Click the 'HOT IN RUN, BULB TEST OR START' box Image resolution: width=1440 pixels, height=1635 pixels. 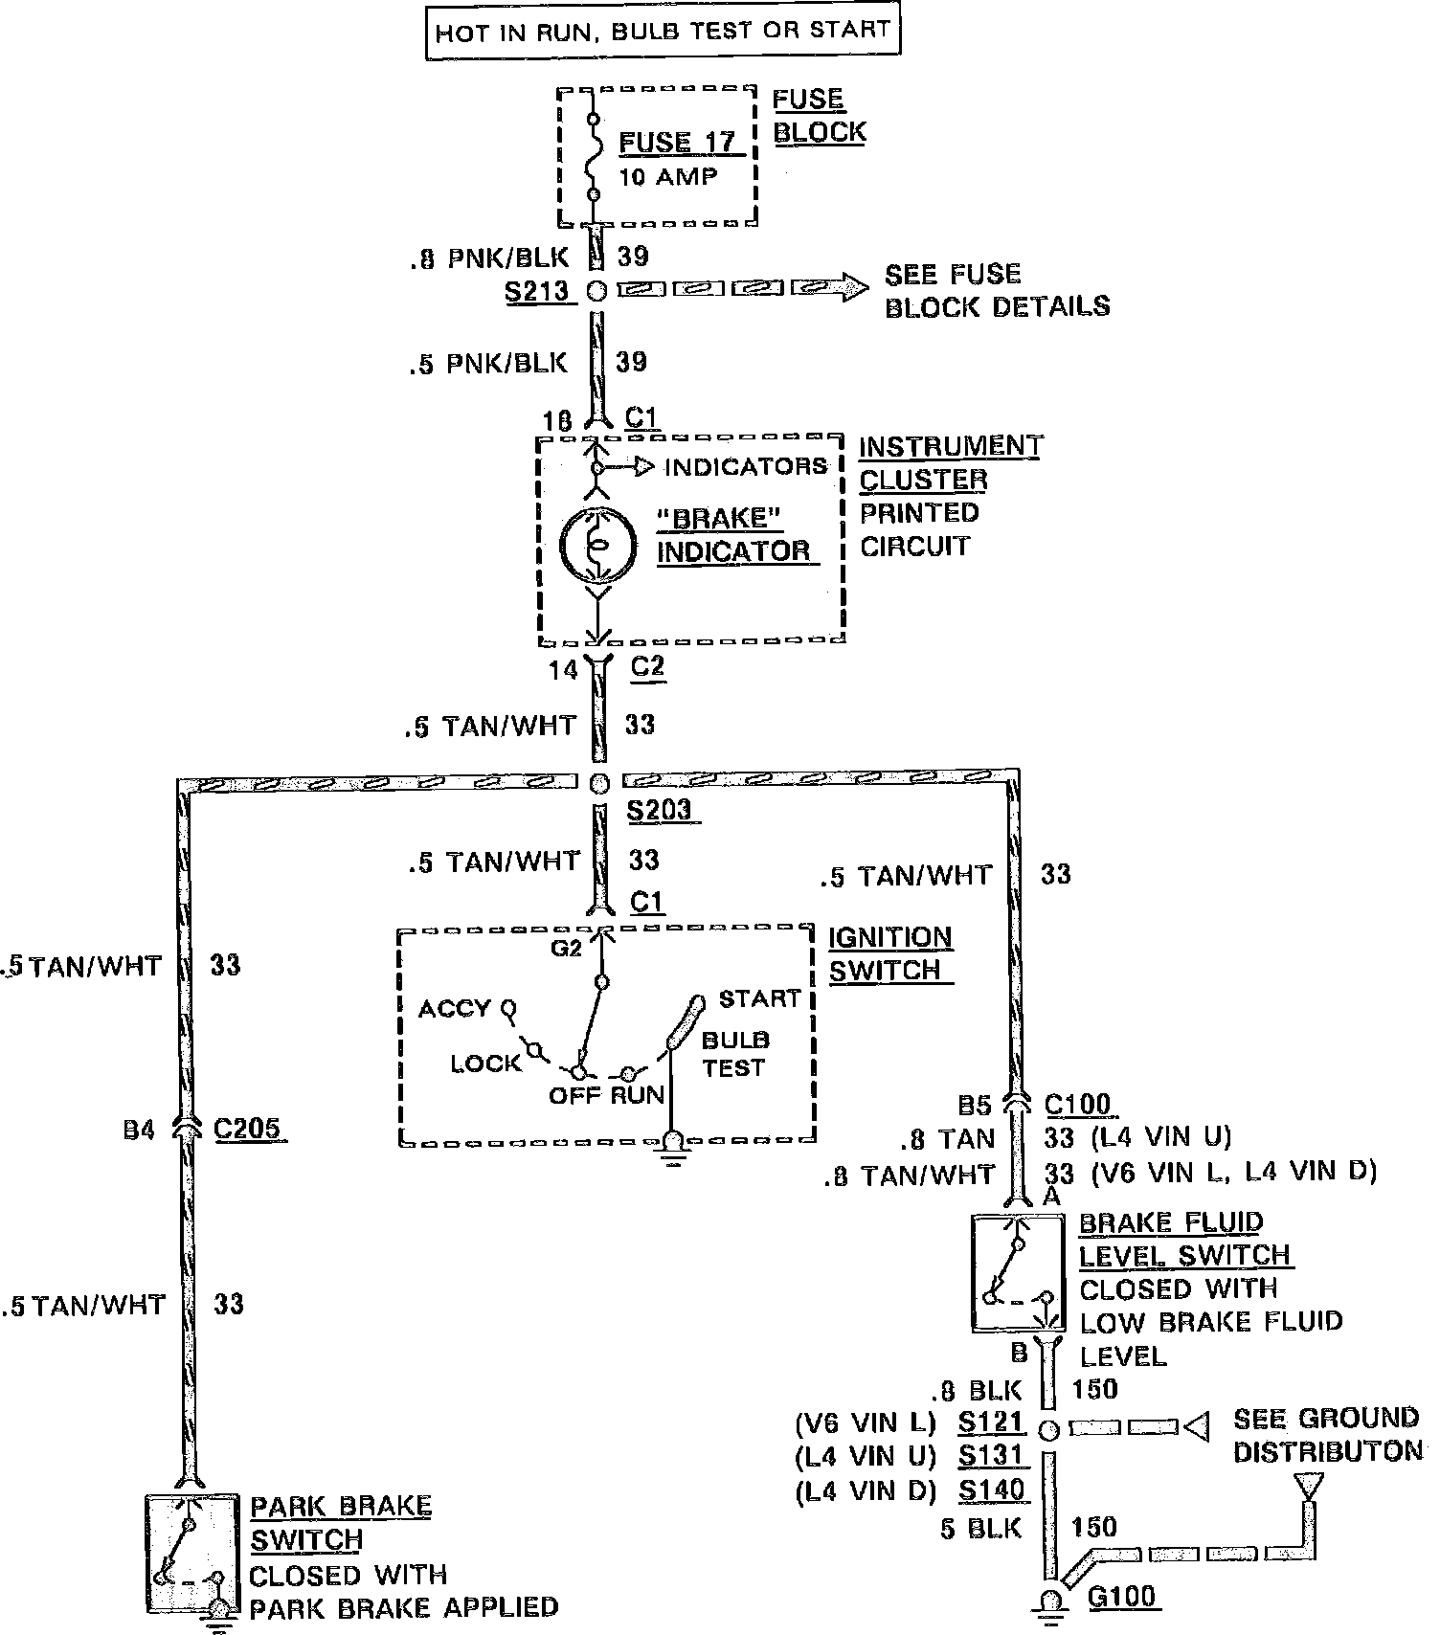[663, 31]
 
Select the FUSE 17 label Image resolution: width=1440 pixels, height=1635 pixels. [677, 143]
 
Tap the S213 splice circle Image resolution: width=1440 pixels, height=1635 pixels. [596, 291]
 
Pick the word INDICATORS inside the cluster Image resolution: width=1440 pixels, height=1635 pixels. [745, 467]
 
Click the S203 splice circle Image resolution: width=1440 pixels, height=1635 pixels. [598, 784]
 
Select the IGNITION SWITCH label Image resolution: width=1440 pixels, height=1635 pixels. [889, 953]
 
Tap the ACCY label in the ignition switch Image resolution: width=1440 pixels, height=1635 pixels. [454, 1009]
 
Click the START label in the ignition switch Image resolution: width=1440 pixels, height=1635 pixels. [758, 998]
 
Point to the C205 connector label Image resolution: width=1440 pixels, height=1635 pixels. [247, 1129]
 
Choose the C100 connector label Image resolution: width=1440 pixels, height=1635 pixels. [1077, 1105]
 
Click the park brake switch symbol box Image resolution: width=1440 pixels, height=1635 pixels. [191, 1551]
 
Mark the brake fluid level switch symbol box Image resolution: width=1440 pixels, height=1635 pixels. [1018, 1273]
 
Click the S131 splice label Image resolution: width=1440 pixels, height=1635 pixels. [992, 1456]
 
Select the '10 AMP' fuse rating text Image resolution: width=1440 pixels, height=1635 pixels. [667, 177]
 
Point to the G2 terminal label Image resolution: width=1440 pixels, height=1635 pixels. [566, 948]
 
